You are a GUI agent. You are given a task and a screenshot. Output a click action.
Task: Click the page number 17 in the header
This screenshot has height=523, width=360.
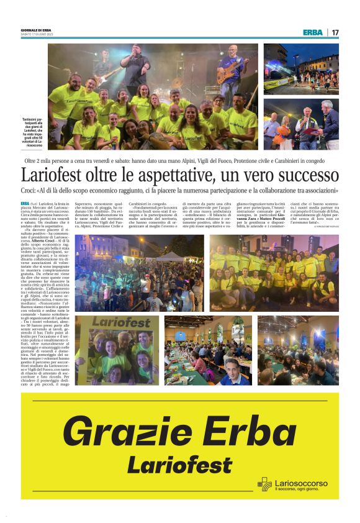[335, 32]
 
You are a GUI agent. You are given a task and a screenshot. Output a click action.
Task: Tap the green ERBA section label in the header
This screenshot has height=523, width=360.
[313, 32]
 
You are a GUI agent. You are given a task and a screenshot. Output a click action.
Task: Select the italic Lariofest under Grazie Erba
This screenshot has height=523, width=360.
[179, 463]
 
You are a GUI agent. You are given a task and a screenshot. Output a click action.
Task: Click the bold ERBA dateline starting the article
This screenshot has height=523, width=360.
[25, 203]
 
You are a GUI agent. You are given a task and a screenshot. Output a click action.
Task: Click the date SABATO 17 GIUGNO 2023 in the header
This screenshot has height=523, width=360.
[37, 34]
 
